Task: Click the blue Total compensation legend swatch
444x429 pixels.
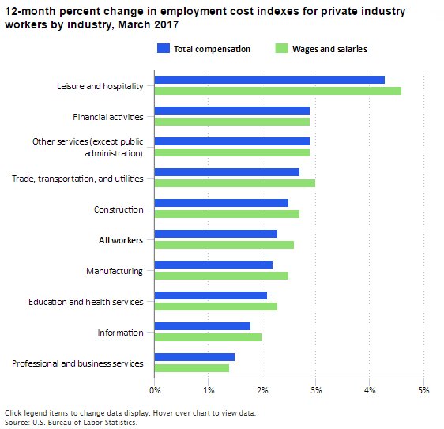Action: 164,49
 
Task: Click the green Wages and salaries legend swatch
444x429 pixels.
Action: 280,49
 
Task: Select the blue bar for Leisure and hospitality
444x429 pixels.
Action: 269,80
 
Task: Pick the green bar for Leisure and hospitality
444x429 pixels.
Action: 277,90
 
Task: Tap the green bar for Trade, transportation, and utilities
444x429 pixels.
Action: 235,183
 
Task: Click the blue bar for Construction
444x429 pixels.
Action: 221,203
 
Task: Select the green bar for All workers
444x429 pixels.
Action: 224,245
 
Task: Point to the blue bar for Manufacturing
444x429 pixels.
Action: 213,265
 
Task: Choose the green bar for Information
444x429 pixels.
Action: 208,337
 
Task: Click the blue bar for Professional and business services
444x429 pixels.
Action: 194,357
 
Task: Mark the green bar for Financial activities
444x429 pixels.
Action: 231,122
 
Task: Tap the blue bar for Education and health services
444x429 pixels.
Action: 211,295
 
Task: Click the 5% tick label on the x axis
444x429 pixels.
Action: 423,389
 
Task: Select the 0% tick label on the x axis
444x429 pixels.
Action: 155,389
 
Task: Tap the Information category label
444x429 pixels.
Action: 120,333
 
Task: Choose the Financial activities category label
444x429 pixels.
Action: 107,117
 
